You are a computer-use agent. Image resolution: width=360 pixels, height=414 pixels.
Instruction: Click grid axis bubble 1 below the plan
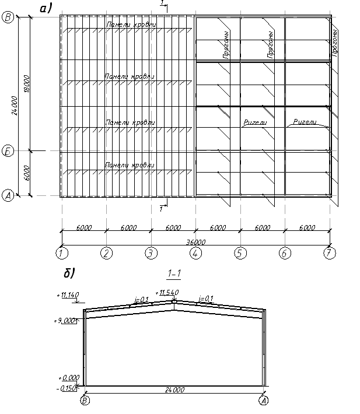[61, 253]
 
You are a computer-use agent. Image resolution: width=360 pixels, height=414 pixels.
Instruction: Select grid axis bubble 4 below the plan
[195, 253]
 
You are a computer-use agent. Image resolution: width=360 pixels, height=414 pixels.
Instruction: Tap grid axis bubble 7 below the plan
[330, 253]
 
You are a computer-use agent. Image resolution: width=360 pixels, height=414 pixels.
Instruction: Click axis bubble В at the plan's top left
[9, 17]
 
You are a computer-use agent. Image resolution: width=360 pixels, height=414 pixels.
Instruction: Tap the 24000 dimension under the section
[174, 390]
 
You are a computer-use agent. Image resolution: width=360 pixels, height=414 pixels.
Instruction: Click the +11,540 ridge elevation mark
[167, 292]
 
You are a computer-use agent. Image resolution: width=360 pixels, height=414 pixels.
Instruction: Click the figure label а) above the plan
[46, 8]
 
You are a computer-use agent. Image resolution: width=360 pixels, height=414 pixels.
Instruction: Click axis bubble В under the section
[85, 401]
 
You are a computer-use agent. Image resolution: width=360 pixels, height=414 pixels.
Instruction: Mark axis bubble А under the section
[264, 401]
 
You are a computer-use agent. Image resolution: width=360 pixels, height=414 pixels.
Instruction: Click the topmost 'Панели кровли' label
[131, 24]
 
